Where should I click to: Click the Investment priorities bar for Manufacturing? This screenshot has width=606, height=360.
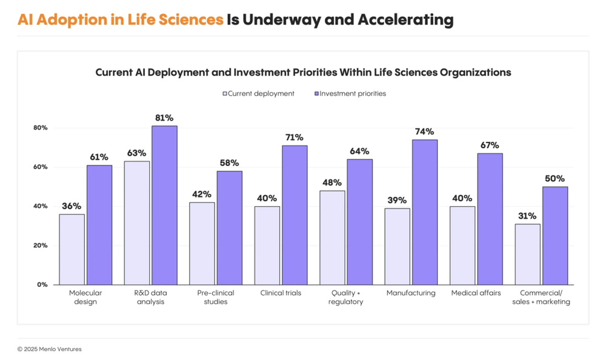[x=424, y=212]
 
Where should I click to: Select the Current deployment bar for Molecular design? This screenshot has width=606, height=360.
[x=72, y=249]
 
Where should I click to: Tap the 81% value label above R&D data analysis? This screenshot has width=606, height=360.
[x=164, y=118]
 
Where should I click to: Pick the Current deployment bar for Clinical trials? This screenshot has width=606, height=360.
[x=267, y=245]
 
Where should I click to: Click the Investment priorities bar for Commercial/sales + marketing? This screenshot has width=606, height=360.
[x=554, y=236]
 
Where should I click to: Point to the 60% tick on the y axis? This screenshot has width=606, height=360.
[x=41, y=167]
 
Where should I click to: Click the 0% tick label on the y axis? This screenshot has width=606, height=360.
[x=42, y=284]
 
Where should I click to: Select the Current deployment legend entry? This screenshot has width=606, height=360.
[x=258, y=94]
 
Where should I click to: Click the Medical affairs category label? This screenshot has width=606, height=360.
[x=476, y=293]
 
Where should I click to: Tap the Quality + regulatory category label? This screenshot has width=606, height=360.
[x=346, y=298]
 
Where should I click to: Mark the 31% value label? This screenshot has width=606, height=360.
[x=527, y=216]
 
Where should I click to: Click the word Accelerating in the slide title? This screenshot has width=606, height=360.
[x=405, y=19]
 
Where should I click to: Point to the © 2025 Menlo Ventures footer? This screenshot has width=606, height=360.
[x=49, y=349]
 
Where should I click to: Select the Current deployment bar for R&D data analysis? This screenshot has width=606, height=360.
[x=137, y=222]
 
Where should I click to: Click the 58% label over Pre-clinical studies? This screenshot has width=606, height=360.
[x=229, y=163]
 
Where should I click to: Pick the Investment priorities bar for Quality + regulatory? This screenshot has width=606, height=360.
[x=359, y=222]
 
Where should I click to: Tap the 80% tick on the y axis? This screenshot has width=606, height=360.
[x=41, y=128]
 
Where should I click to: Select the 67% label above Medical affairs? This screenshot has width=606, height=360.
[x=490, y=145]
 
